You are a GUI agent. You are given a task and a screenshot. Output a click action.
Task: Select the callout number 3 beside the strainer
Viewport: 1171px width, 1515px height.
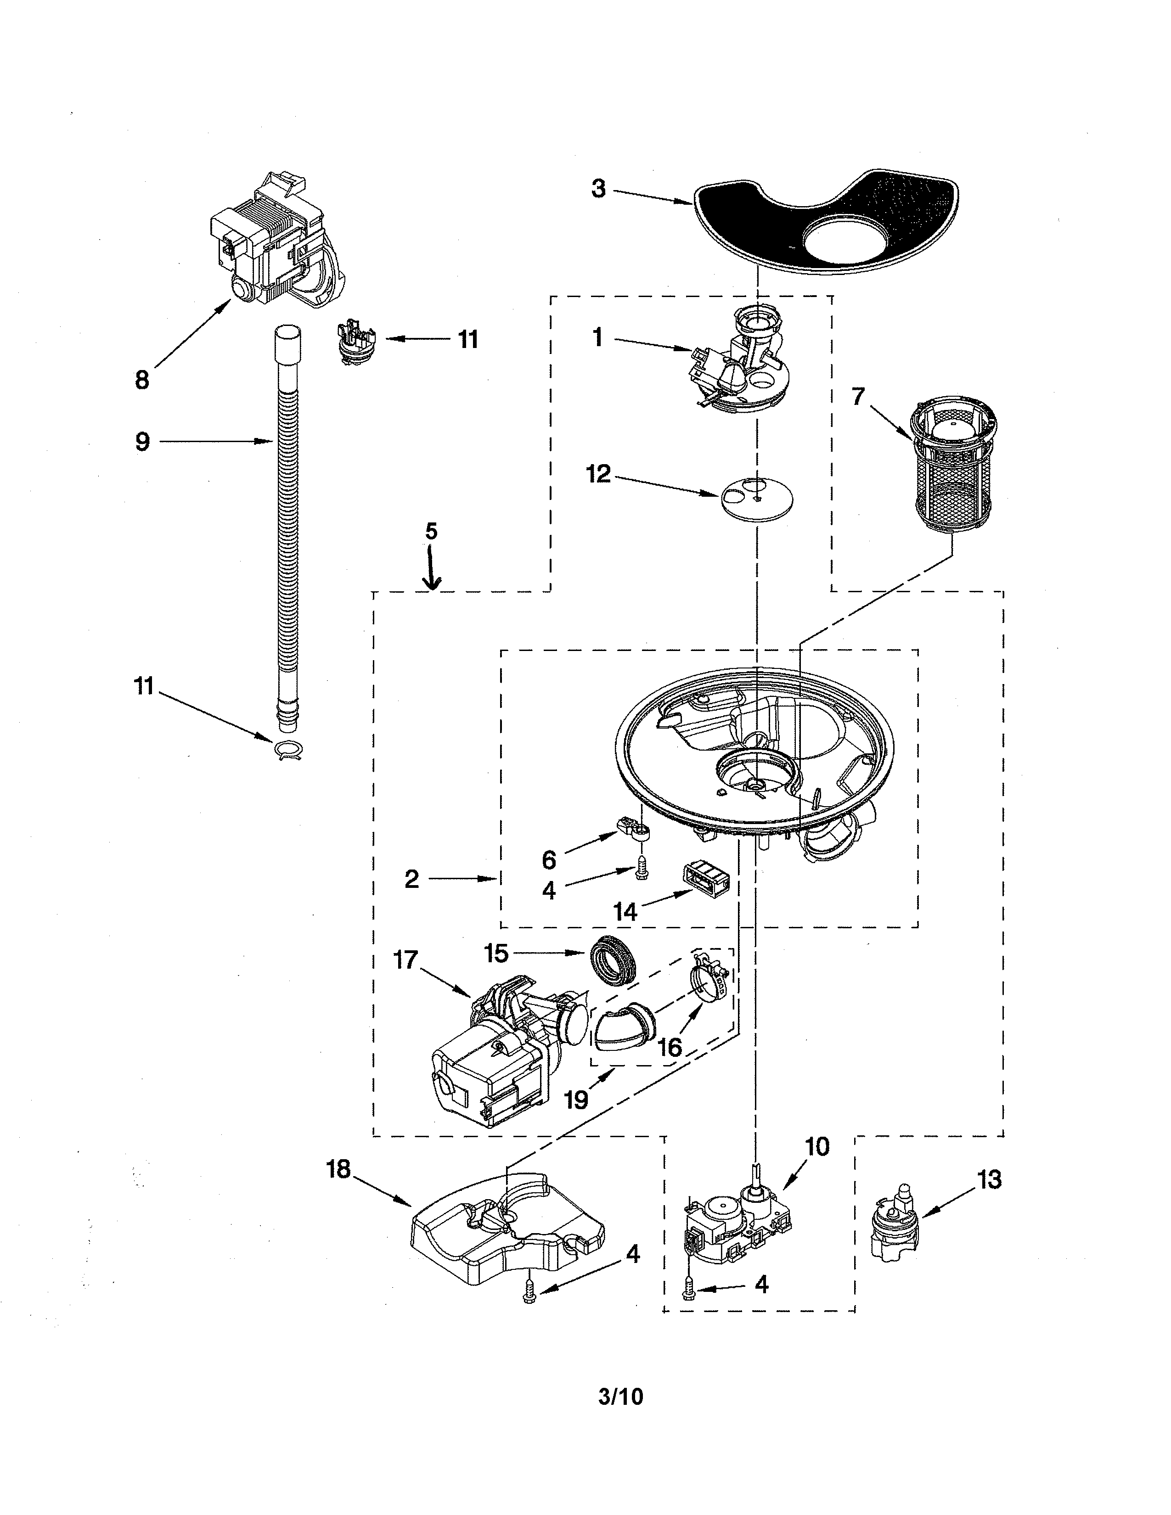coord(598,189)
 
